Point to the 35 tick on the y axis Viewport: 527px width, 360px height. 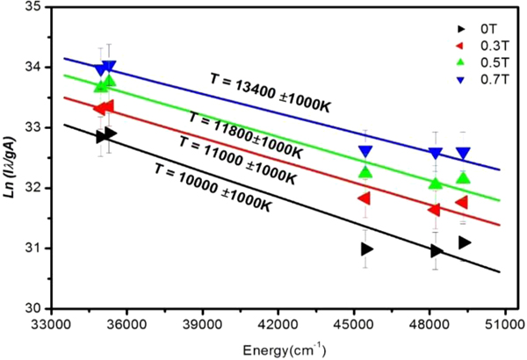point(32,6)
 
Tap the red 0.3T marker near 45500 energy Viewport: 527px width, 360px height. point(365,198)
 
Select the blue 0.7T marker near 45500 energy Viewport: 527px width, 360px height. point(365,152)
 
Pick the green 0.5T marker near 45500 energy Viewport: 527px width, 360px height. point(365,172)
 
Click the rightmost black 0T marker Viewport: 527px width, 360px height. point(465,242)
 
